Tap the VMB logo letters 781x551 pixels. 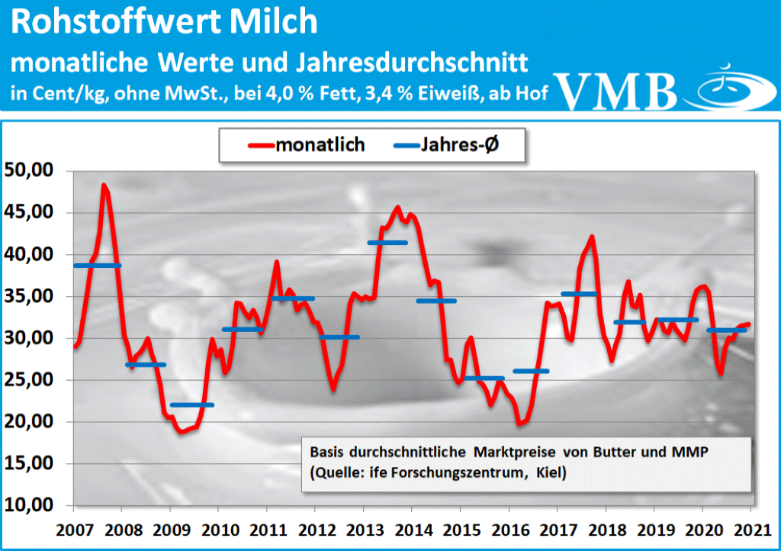pos(616,91)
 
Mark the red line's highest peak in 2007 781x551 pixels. pos(104,185)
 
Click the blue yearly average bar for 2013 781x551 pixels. pos(387,243)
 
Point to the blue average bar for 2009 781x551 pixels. pos(192,404)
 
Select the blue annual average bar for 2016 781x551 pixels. pos(532,371)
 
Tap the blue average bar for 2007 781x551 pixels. pos(97,266)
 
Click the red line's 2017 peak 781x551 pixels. pos(592,237)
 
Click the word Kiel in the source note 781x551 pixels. pos(551,473)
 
